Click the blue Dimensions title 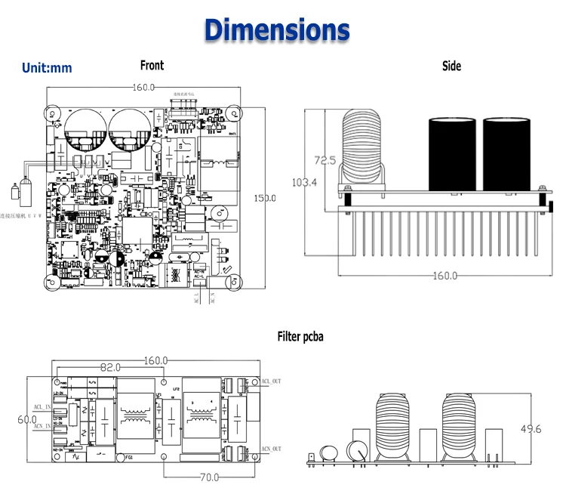[x=277, y=29]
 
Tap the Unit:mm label [x=47, y=68]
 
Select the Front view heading [x=152, y=66]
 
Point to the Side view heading [x=451, y=66]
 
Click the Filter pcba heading [x=300, y=336]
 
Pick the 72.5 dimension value [x=325, y=160]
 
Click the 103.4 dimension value [x=305, y=182]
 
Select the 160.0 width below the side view [x=444, y=276]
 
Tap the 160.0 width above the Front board [x=144, y=87]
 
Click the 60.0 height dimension [x=27, y=419]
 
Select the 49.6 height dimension [x=531, y=429]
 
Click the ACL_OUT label [x=271, y=381]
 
